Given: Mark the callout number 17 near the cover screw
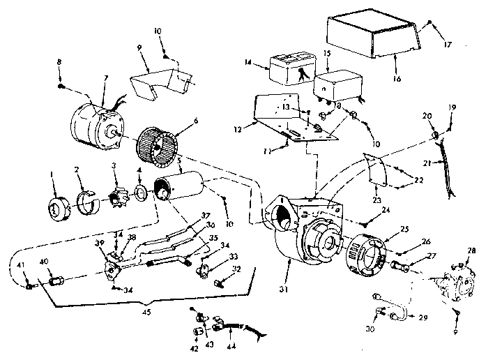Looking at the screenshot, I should [447, 45].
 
